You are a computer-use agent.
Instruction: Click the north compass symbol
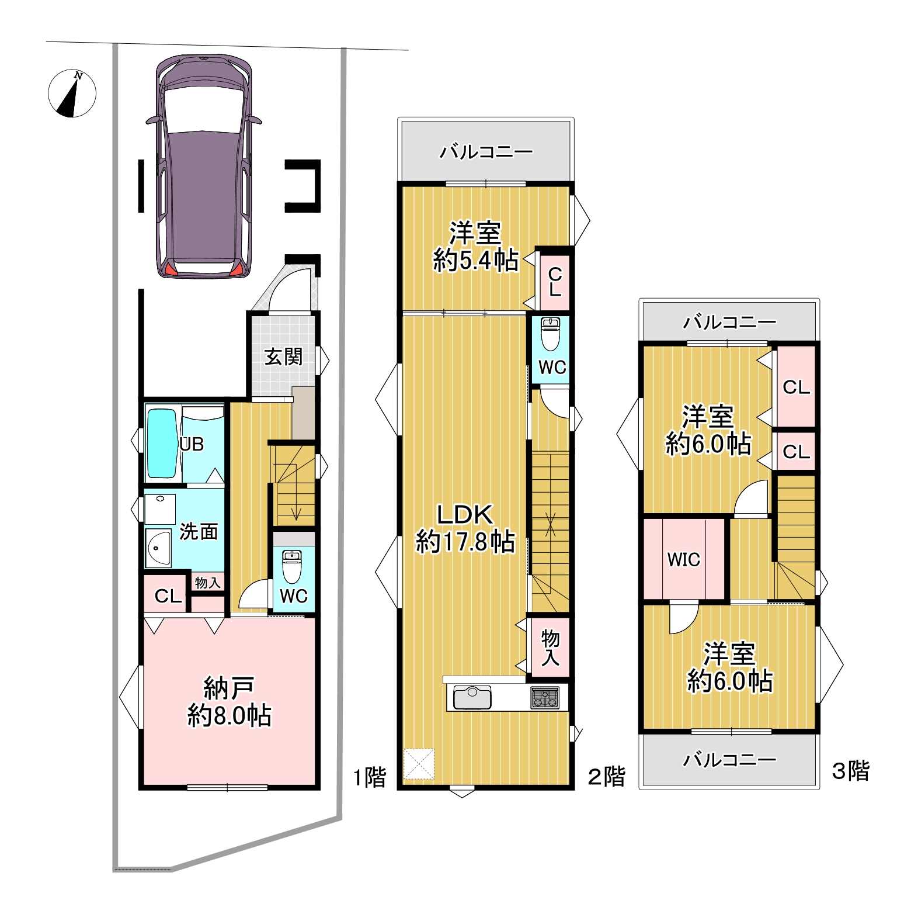pyautogui.click(x=72, y=94)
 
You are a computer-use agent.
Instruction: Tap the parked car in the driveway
pyautogui.click(x=204, y=167)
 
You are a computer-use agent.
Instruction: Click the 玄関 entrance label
pyautogui.click(x=284, y=356)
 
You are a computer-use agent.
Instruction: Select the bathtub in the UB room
pyautogui.click(x=162, y=444)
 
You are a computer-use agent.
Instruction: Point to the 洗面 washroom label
pyautogui.click(x=199, y=531)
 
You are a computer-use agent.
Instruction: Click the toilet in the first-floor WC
pyautogui.click(x=290, y=566)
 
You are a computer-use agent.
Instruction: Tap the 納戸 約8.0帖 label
pyautogui.click(x=230, y=701)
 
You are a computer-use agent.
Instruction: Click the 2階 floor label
pyautogui.click(x=606, y=777)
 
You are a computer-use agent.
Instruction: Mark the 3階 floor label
pyautogui.click(x=851, y=770)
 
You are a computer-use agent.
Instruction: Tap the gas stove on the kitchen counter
pyautogui.click(x=545, y=698)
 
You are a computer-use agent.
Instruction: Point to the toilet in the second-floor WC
pyautogui.click(x=550, y=334)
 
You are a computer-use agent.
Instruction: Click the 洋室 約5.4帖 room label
pyautogui.click(x=475, y=247)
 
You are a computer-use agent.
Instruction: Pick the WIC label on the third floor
pyautogui.click(x=683, y=559)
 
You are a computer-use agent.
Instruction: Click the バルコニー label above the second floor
pyautogui.click(x=486, y=152)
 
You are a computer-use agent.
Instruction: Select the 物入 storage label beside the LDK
pyautogui.click(x=550, y=648)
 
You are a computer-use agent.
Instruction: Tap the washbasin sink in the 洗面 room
pyautogui.click(x=158, y=548)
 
